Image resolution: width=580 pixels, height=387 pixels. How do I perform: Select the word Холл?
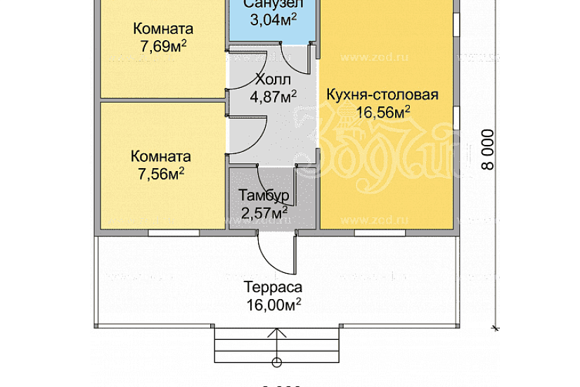pos(273,79)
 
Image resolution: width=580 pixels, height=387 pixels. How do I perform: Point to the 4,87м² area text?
pos(273,96)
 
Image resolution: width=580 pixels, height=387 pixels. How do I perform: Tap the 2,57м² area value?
pos(263,211)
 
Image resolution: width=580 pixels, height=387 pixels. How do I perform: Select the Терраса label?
pos(273,287)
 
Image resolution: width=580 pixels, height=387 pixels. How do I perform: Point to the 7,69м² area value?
pos(163,46)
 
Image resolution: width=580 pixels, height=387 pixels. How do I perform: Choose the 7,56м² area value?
pos(162,173)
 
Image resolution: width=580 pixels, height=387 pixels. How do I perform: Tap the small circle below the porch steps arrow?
pos(276,362)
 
